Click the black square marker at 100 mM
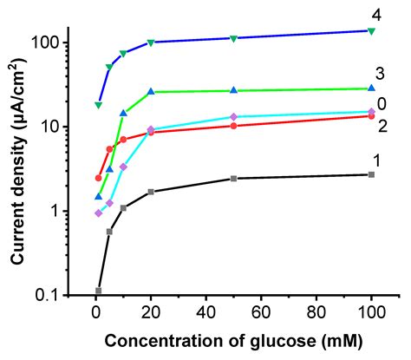coord(371,174)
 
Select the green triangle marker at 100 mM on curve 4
coord(371,31)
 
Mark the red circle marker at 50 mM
coord(233,126)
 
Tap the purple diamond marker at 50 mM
coord(233,116)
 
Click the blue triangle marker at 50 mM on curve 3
coord(233,90)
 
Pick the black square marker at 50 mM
coord(233,179)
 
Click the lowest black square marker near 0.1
coord(98,291)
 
